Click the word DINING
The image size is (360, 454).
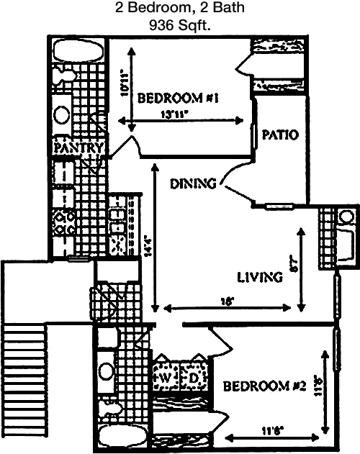194,183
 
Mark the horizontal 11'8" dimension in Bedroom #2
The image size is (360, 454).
271,431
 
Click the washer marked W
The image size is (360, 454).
164,377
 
